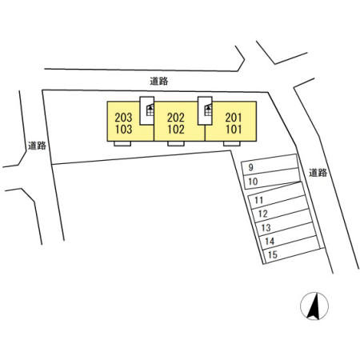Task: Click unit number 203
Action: coord(123,118)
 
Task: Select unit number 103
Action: coord(123,130)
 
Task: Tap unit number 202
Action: coord(176,118)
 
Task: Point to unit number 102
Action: coord(176,130)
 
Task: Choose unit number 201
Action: coord(234,118)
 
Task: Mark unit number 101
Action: coord(234,130)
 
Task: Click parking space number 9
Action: coord(250,167)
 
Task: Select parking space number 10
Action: coord(253,182)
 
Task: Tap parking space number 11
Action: coord(258,200)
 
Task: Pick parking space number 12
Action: coord(263,214)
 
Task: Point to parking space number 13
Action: coord(266,228)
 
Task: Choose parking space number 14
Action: coord(270,242)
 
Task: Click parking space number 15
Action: coord(273,255)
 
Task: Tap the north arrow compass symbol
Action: coord(314,306)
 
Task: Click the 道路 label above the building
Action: coord(159,81)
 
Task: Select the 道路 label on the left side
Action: coord(37,146)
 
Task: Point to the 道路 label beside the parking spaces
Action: coord(318,173)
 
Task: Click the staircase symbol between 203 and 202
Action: coord(150,110)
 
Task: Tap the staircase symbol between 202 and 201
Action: coord(208,110)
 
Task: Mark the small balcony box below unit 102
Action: coord(176,143)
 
